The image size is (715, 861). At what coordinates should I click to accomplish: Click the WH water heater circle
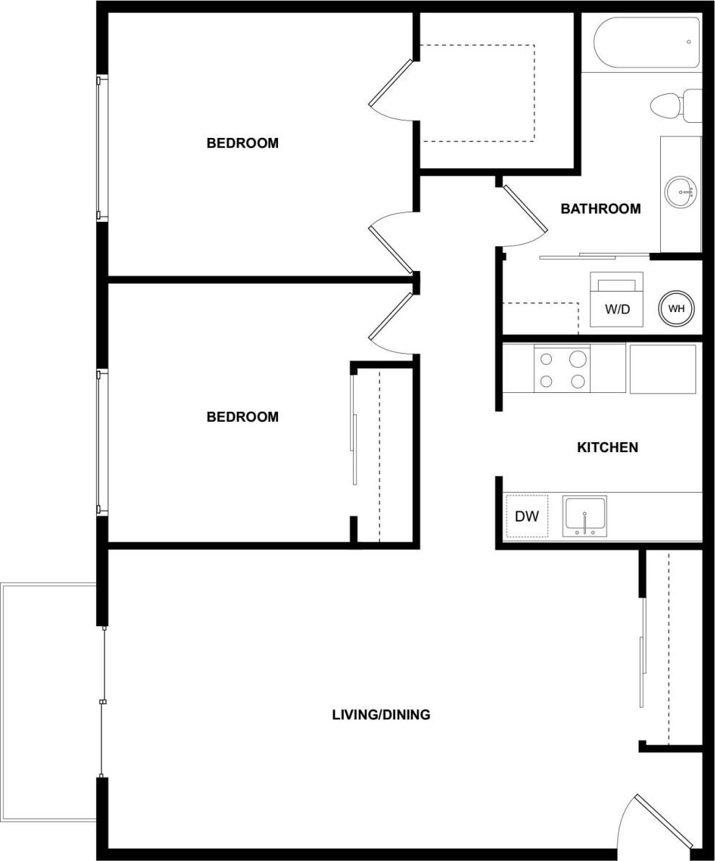tap(676, 308)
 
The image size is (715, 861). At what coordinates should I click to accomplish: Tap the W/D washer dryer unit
tap(617, 300)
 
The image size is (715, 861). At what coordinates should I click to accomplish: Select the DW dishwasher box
tap(526, 516)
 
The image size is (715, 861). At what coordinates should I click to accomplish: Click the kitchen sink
tap(584, 516)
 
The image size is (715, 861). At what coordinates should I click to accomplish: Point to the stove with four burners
tap(562, 368)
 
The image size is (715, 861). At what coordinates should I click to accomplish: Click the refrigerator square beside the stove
tap(662, 368)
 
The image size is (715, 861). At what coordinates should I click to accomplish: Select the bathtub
tap(646, 42)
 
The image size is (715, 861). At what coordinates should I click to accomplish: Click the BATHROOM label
tap(600, 209)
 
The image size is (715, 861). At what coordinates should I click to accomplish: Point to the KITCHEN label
tap(607, 447)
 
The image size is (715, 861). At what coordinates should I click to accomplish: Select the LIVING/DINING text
tap(381, 714)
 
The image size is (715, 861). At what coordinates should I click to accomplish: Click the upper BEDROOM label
tap(242, 143)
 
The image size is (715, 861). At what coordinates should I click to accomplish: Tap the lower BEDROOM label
tap(242, 417)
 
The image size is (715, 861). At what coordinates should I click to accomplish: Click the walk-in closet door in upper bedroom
tap(390, 83)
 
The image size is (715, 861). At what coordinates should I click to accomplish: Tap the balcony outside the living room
tap(49, 701)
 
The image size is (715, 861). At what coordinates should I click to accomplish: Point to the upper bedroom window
tap(102, 147)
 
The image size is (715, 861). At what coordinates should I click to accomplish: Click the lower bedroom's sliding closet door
tap(353, 448)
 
